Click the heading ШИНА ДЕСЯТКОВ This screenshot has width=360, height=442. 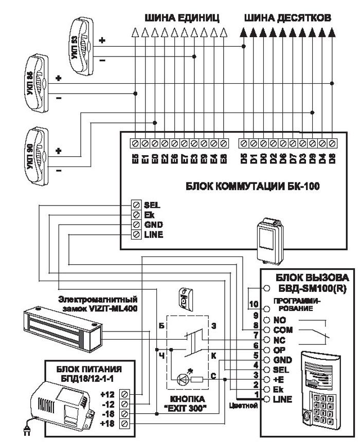click(287, 17)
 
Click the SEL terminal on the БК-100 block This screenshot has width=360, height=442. click(136, 205)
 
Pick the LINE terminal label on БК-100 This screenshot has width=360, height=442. click(154, 234)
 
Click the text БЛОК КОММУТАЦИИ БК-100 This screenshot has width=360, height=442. click(253, 186)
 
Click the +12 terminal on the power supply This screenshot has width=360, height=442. click(125, 394)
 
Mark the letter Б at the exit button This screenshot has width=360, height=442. click(161, 326)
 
